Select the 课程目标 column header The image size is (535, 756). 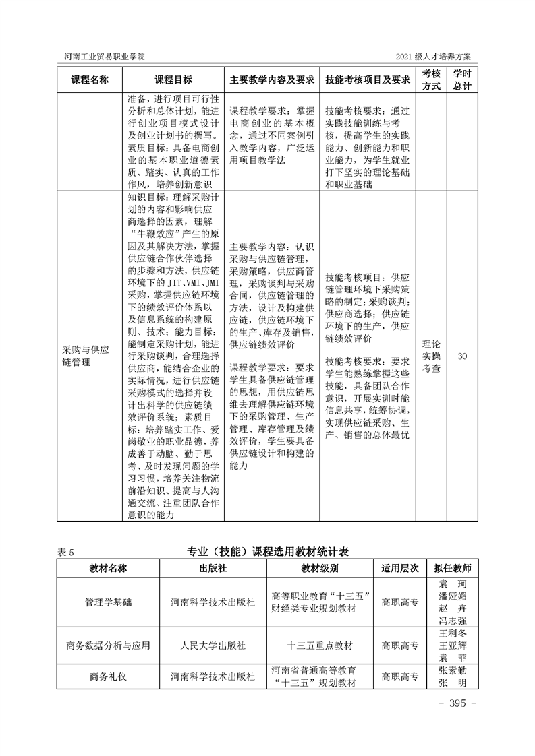tap(173, 80)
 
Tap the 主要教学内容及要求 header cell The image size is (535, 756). tap(272, 80)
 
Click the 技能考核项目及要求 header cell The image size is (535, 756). tap(368, 80)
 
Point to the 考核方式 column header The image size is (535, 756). tap(431, 80)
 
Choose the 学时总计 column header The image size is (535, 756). tap(462, 80)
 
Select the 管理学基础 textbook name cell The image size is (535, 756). tap(108, 602)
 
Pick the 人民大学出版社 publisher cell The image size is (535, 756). tap(213, 645)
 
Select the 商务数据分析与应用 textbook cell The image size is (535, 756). tap(108, 645)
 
